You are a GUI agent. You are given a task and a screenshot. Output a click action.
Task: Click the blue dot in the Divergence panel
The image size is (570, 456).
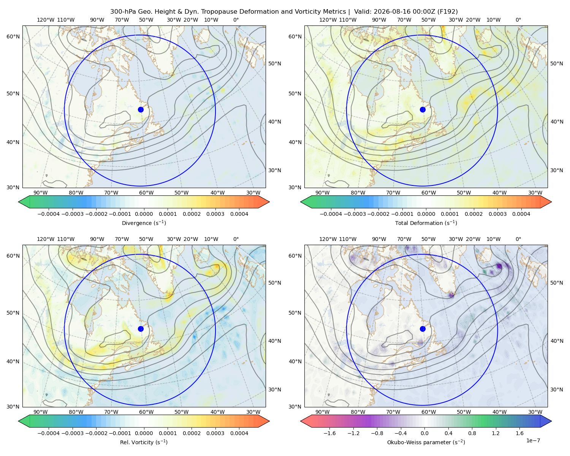[x=141, y=109]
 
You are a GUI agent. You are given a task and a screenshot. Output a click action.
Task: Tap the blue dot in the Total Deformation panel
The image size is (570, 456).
[x=423, y=109]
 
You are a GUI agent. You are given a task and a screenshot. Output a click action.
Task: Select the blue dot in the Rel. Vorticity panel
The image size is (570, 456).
[x=141, y=329]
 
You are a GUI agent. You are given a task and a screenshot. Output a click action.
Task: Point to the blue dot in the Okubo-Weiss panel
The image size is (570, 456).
[x=423, y=329]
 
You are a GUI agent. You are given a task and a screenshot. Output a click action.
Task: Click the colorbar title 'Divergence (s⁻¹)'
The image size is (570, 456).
[x=144, y=223]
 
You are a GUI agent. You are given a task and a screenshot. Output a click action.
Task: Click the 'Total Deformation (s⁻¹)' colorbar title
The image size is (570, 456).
[x=426, y=223]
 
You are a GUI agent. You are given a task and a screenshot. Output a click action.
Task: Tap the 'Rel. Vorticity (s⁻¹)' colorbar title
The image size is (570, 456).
[x=144, y=442]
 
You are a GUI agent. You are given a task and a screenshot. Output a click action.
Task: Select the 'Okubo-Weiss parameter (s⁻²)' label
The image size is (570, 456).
[x=426, y=442]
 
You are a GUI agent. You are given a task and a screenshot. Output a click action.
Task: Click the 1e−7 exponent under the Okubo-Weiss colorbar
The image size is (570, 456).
[x=533, y=440]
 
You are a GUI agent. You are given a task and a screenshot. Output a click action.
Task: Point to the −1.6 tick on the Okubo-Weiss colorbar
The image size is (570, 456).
[x=329, y=433]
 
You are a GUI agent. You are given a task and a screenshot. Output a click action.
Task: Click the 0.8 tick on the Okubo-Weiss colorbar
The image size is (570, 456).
[x=472, y=433]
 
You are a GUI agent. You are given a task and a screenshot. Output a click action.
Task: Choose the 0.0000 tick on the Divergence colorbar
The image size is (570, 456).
[x=144, y=214]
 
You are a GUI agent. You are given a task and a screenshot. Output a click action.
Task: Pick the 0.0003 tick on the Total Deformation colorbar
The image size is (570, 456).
[x=497, y=214]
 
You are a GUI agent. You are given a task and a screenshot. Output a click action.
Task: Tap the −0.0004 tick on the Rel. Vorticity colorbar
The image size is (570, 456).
[x=49, y=433]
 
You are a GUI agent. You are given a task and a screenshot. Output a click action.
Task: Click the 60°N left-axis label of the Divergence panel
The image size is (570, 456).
[x=13, y=36]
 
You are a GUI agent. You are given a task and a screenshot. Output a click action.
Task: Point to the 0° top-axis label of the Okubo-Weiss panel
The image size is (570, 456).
[x=518, y=239]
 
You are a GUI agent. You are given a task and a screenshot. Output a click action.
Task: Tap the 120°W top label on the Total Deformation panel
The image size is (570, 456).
[x=328, y=20]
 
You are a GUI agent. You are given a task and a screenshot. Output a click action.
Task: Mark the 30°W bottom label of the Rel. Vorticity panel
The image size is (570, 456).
[x=253, y=412]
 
